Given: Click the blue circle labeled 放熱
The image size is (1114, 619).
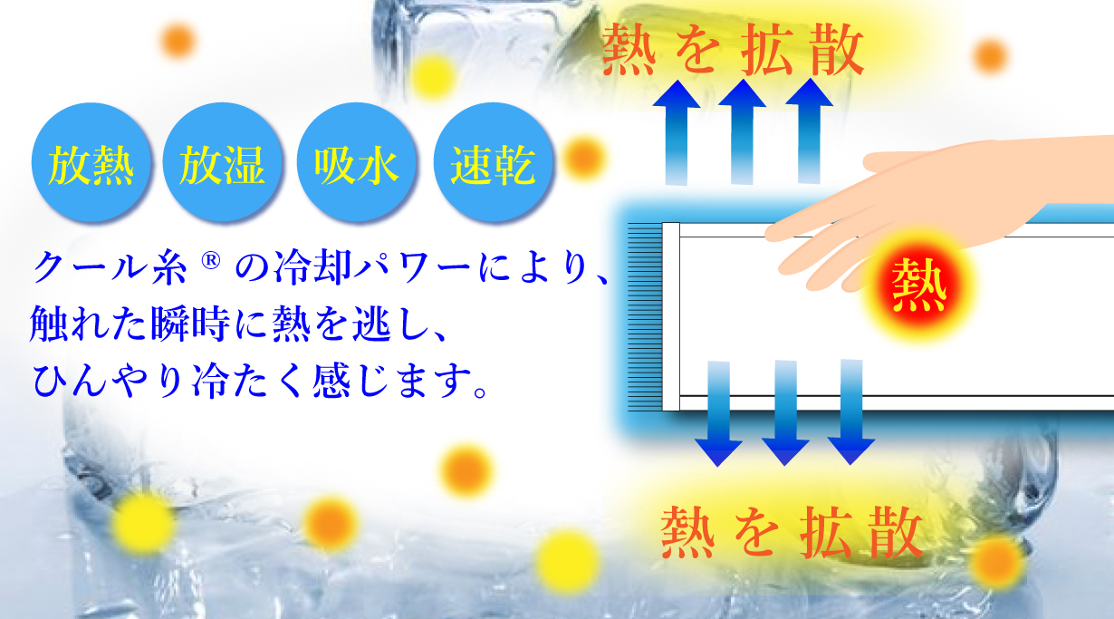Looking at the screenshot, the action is [x=91, y=162].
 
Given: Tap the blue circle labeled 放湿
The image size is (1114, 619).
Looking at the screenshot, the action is [x=222, y=162].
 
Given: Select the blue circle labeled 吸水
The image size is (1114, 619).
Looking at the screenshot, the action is [x=356, y=162].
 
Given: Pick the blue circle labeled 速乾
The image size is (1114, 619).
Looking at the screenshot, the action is [x=493, y=162].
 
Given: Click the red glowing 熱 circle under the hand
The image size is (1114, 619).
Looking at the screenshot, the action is [x=918, y=286].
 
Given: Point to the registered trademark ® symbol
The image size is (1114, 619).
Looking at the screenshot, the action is [x=211, y=261].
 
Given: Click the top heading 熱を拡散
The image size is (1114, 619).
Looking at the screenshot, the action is [x=733, y=50].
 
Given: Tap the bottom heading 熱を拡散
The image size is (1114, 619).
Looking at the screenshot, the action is [x=792, y=532].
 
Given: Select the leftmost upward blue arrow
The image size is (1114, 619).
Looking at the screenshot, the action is [x=677, y=133].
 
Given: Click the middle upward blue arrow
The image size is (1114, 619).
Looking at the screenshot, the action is [x=742, y=131].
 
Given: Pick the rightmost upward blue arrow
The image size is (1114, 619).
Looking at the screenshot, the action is [x=809, y=131].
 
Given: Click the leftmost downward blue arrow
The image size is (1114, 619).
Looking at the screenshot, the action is [x=718, y=414].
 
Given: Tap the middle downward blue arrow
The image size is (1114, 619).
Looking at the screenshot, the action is [x=785, y=413].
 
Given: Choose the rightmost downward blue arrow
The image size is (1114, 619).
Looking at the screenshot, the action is [x=851, y=412].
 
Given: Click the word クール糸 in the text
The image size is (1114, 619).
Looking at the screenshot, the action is [x=110, y=267].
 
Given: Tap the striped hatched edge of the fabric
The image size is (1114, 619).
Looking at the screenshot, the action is [x=645, y=317].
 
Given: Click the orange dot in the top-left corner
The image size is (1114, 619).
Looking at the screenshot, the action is [x=178, y=40].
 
